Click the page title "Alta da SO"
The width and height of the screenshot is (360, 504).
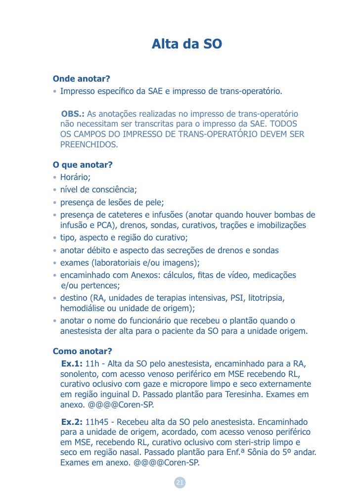point(186,45)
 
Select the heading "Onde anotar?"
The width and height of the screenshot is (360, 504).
point(81,79)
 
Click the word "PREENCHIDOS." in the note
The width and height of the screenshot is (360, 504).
point(89,145)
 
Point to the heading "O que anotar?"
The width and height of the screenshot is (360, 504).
point(83,165)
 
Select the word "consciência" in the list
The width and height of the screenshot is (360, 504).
point(114,189)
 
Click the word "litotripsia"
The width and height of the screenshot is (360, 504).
point(263,298)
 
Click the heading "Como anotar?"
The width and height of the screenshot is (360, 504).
point(82,352)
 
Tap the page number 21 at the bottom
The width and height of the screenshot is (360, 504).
point(180,483)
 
